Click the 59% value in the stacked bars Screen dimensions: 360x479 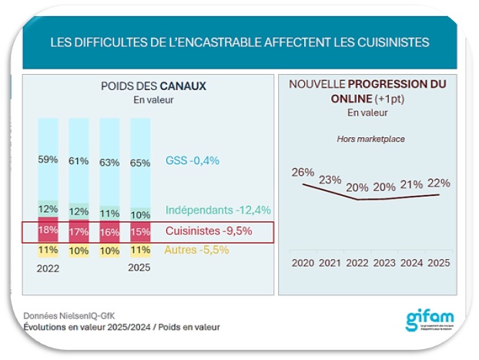tap(49, 160)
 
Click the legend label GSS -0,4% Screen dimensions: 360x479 tap(193, 160)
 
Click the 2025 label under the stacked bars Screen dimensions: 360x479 tap(140, 268)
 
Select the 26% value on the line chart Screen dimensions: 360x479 tap(302, 172)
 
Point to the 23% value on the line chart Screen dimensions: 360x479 tap(331, 180)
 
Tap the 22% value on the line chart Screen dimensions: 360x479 tap(438, 183)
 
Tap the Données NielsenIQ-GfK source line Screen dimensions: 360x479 tap(67, 315)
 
